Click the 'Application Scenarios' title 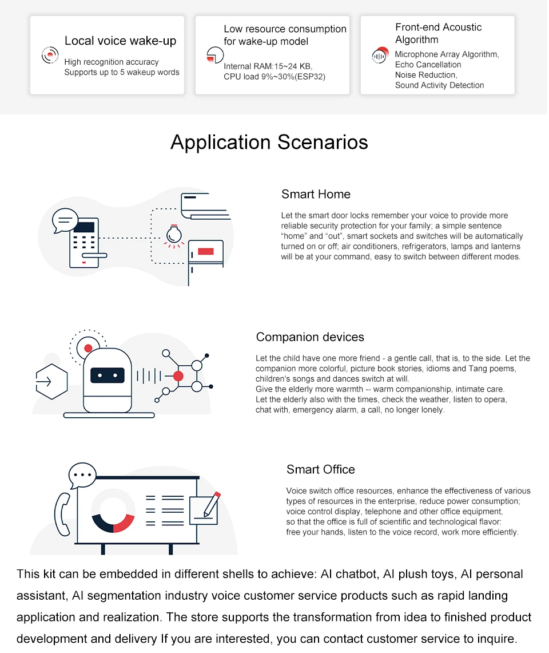tap(269, 142)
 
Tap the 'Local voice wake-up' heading tap(120, 41)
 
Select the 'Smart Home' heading tap(316, 194)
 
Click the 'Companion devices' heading tap(310, 337)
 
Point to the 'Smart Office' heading tap(320, 469)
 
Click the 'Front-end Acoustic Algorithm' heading tap(438, 33)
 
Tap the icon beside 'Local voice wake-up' tap(50, 55)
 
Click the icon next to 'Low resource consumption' tap(214, 56)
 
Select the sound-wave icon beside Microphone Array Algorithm tap(380, 56)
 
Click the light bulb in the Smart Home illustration tap(173, 235)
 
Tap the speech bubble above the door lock tap(65, 220)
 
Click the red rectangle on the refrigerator tap(206, 251)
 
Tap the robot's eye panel tap(108, 375)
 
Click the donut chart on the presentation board tap(113, 510)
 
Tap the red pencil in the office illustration tap(212, 503)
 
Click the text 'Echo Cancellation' tap(428, 65)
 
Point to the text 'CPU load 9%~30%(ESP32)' tap(274, 77)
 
